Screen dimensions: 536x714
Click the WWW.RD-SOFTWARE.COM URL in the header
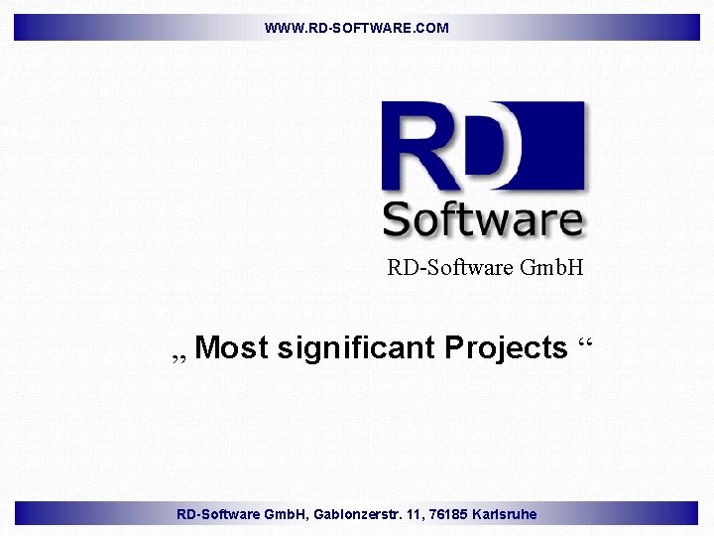click(x=356, y=28)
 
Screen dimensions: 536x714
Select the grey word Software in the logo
click(x=482, y=219)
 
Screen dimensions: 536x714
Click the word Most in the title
click(x=232, y=348)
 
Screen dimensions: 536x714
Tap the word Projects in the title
click(x=506, y=348)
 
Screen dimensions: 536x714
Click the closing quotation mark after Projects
click(x=584, y=343)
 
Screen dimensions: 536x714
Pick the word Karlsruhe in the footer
click(x=505, y=514)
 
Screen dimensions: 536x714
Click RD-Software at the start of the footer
click(x=218, y=514)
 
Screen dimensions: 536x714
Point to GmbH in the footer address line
click(x=287, y=514)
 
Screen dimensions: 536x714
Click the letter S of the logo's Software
click(x=397, y=219)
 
